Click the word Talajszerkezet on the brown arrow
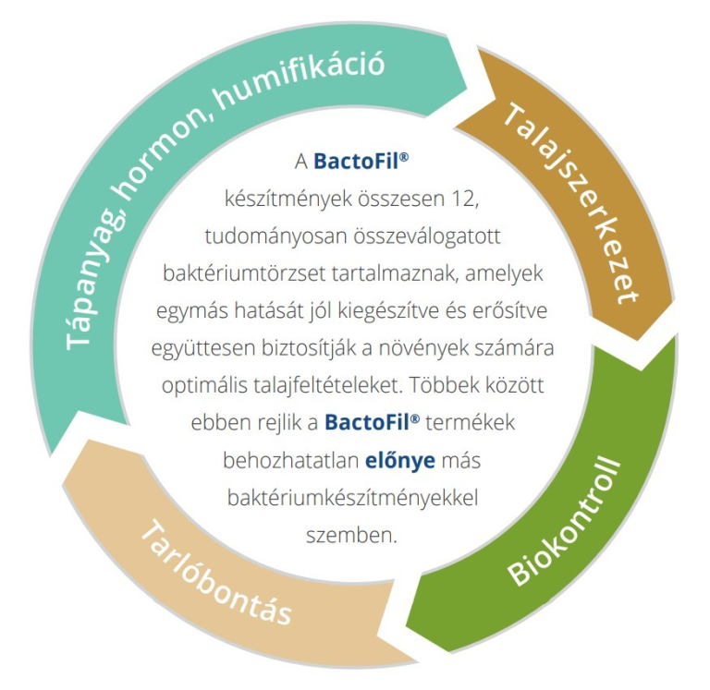tap(570, 203)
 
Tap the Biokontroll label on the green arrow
tap(564, 522)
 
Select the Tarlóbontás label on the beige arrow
tap(216, 573)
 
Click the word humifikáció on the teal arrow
tap(300, 80)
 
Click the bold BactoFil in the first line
tap(356, 161)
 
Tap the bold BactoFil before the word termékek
tap(367, 422)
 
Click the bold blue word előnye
tap(400, 460)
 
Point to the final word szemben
tap(351, 535)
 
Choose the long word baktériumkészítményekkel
tap(353, 498)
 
